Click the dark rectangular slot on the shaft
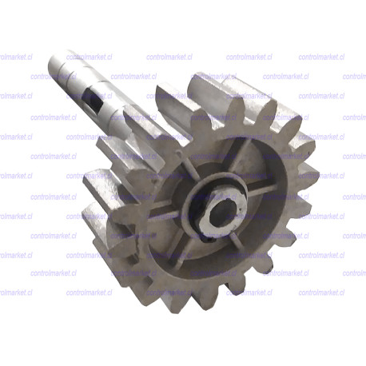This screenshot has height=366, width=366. click(x=96, y=101)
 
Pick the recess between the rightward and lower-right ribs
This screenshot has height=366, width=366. click(x=276, y=232)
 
